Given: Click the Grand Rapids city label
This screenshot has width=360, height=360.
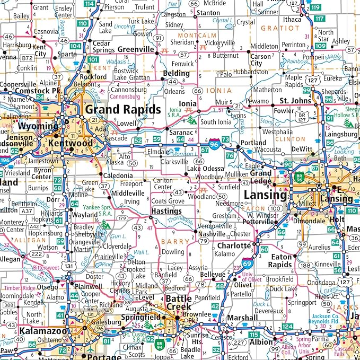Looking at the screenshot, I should pyautogui.click(x=123, y=109).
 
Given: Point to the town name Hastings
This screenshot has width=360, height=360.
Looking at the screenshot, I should pyautogui.click(x=166, y=210).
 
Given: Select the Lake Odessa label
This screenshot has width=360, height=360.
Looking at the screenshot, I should pyautogui.click(x=201, y=168).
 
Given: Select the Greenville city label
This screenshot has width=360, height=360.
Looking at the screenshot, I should pyautogui.click(x=135, y=49).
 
